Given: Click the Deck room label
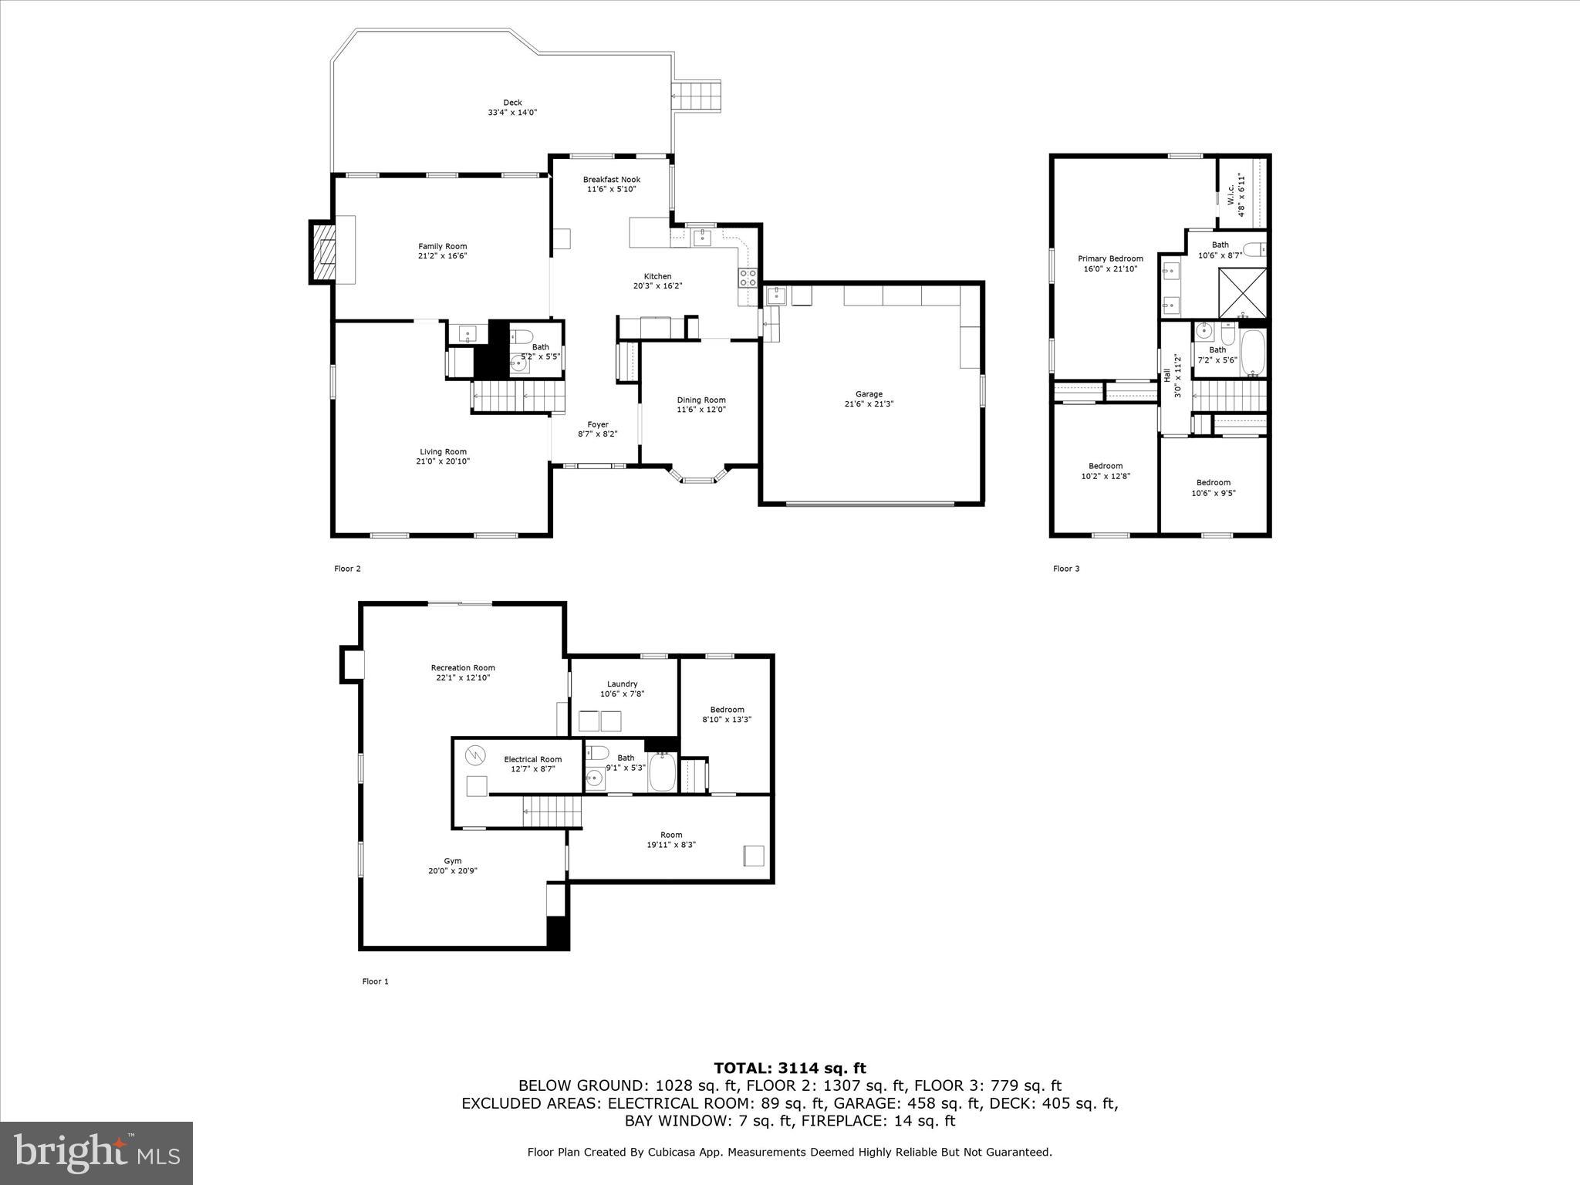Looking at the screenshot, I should (512, 103).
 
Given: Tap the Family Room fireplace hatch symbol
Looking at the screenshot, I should (324, 252).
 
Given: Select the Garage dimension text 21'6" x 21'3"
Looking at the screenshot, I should (869, 403).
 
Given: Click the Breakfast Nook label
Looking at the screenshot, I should (611, 180).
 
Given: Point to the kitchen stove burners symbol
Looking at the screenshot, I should (748, 278).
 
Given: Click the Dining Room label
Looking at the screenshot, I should (701, 400).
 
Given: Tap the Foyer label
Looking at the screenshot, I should (598, 424).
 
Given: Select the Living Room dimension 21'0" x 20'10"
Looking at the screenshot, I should (443, 461).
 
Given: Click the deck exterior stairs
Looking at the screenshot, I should (697, 96).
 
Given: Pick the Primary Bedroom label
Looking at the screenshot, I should (1110, 258).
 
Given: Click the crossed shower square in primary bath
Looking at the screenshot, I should (1242, 292).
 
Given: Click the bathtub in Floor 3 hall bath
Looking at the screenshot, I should (1252, 353).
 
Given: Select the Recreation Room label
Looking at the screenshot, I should (463, 667).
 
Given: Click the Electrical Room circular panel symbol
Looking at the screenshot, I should (476, 755).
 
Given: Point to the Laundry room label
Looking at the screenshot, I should (622, 684).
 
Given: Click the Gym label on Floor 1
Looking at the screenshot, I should (453, 861).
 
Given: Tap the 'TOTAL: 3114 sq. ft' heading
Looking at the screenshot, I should (789, 1068).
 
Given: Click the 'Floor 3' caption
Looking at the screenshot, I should (1066, 569).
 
